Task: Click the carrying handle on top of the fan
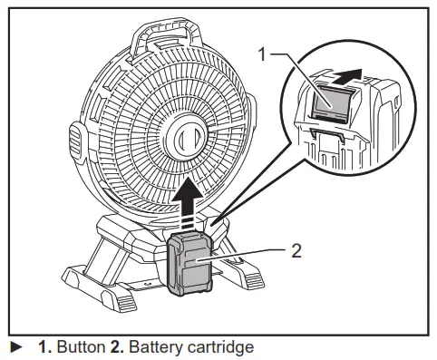164,37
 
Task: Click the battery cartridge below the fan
191,263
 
